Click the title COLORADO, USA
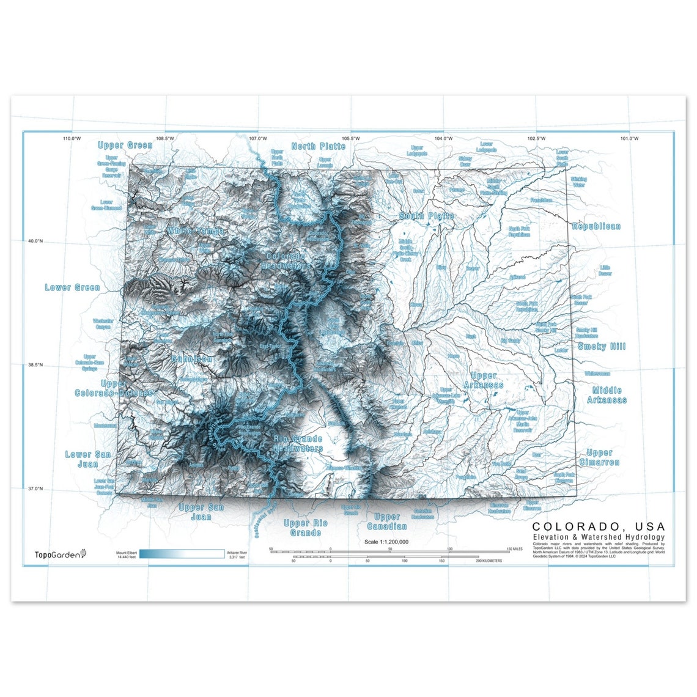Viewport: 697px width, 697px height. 599,526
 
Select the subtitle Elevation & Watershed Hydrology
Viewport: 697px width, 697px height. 598,537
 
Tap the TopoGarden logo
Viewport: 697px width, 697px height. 60,554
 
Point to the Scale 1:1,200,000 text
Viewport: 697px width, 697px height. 386,542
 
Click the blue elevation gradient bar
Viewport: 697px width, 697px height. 182,555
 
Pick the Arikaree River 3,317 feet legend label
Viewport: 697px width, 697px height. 237,555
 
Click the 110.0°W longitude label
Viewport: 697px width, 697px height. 72,138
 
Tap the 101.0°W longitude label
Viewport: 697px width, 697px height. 629,138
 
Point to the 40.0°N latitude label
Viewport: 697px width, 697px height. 34,241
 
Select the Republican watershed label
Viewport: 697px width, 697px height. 596,226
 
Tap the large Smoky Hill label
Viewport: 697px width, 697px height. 602,347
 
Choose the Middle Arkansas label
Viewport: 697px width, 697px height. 607,395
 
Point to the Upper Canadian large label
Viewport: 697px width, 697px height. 386,522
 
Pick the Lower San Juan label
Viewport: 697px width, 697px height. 88,459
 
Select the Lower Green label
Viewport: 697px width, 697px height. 72,287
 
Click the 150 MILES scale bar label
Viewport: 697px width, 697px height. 514,549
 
